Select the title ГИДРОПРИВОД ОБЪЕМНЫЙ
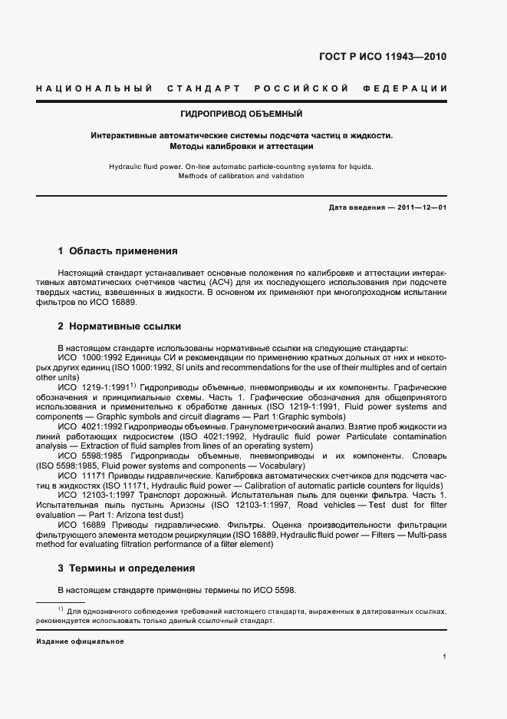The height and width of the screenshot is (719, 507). click(x=242, y=114)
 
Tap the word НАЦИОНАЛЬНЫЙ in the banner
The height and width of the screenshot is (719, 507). click(x=94, y=88)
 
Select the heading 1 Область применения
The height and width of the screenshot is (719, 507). click(x=118, y=251)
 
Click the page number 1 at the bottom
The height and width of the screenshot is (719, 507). click(x=445, y=657)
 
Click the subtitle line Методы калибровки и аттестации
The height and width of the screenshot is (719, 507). click(x=242, y=146)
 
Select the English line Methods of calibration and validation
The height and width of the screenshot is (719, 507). click(x=242, y=176)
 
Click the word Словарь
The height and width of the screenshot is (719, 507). click(x=428, y=456)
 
